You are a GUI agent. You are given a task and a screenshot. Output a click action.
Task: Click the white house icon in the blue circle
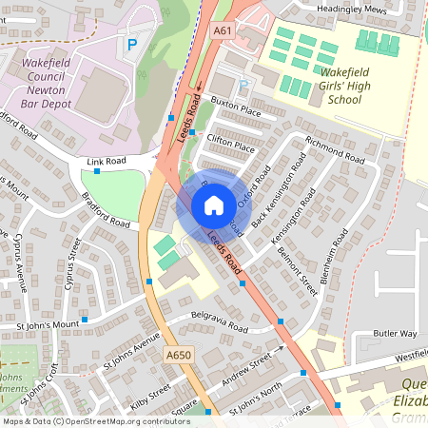[214, 205]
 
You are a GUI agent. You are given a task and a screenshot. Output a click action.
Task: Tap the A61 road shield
[223, 31]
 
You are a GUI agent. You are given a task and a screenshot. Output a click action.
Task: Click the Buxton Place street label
[235, 111]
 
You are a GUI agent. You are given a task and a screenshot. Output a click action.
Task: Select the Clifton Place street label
[231, 147]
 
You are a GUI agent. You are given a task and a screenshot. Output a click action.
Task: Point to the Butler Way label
[395, 334]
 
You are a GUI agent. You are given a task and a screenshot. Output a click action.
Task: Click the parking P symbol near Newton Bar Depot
[132, 44]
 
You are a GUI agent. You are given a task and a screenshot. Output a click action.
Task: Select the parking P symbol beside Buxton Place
[243, 87]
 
